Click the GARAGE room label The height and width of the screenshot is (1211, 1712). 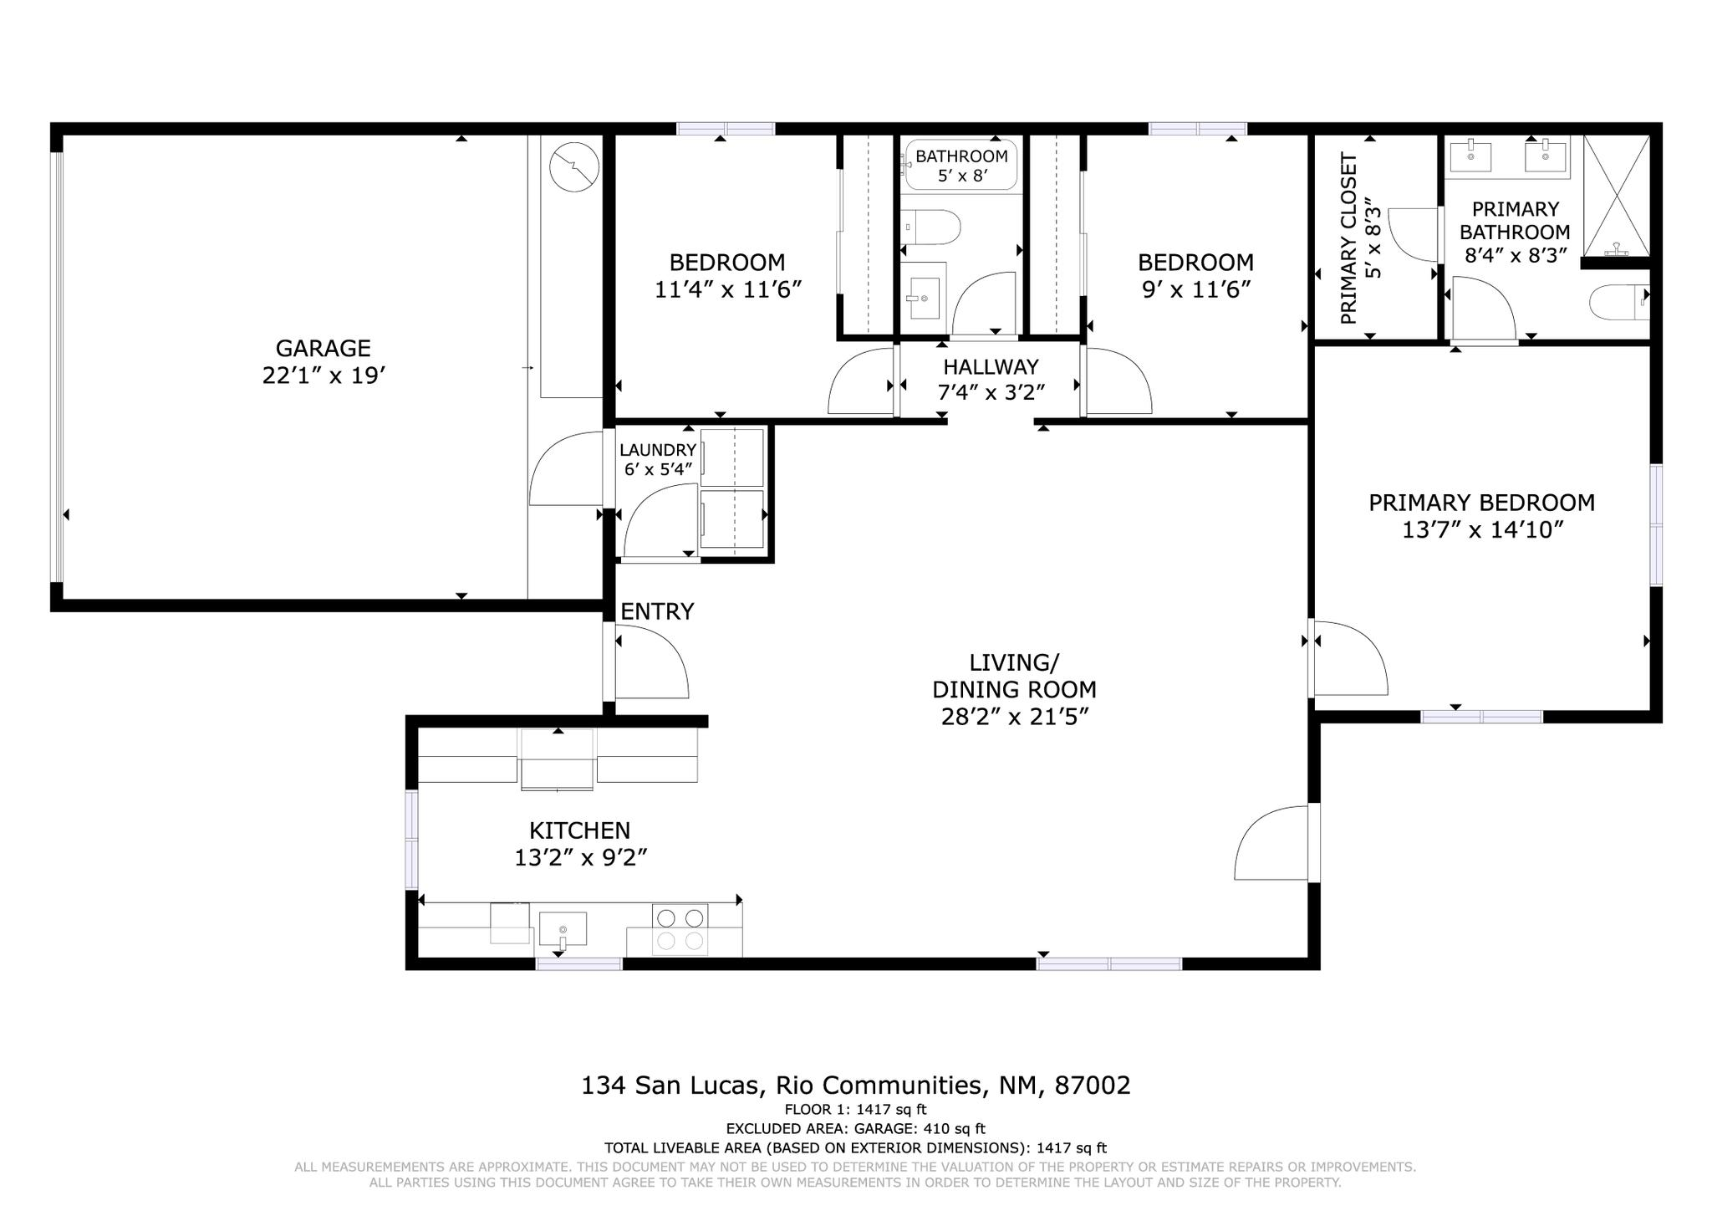(x=324, y=348)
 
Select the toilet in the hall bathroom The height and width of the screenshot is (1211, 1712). (x=931, y=227)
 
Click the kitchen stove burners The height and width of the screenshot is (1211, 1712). (x=680, y=929)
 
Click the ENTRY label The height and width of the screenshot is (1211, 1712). (x=657, y=612)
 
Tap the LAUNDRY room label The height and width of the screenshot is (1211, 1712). (x=658, y=450)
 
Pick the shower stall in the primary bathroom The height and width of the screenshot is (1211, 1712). (x=1617, y=195)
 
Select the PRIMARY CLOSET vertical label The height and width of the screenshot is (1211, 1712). (x=1348, y=238)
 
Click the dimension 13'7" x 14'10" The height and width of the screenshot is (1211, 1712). (x=1482, y=530)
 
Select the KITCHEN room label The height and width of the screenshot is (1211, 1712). (x=579, y=830)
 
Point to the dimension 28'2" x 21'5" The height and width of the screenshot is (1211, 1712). (x=1014, y=718)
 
